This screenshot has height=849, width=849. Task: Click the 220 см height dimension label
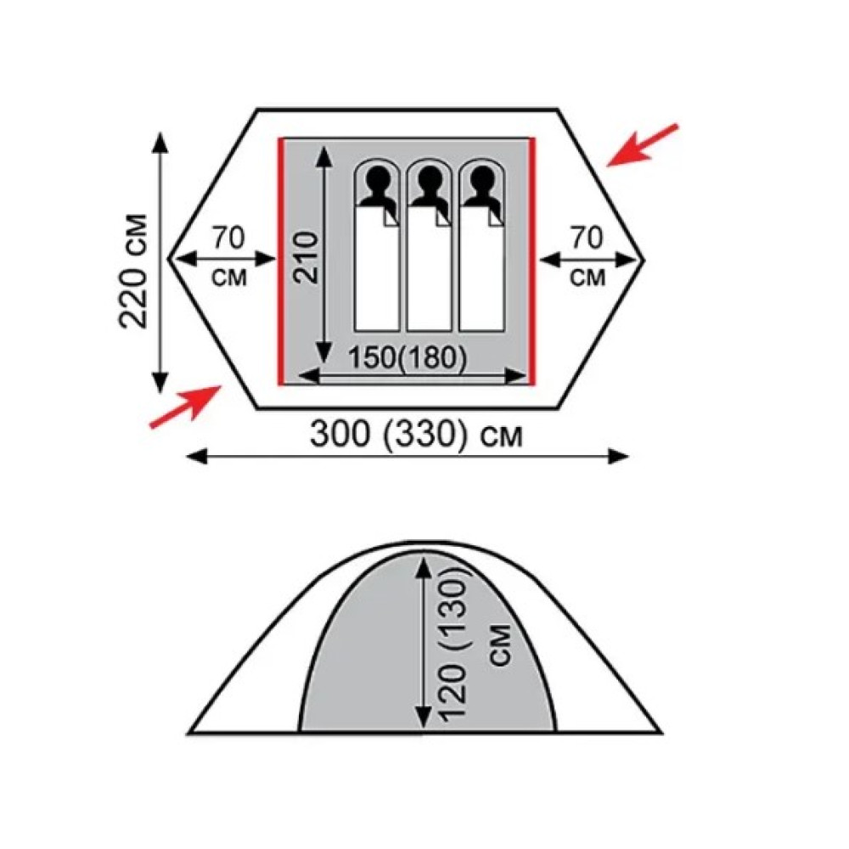pyautogui.click(x=132, y=272)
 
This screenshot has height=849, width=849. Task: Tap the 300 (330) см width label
pyautogui.click(x=417, y=434)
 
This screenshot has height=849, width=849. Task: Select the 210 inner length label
pyautogui.click(x=305, y=257)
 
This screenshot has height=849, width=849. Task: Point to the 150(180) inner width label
pyautogui.click(x=407, y=358)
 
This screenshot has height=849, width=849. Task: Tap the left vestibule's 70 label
pyautogui.click(x=228, y=238)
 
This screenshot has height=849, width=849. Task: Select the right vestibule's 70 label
pyautogui.click(x=587, y=238)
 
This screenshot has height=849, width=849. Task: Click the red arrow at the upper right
pyautogui.click(x=642, y=145)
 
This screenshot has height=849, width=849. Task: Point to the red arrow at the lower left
pyautogui.click(x=184, y=406)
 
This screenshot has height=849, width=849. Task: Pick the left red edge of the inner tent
pyautogui.click(x=281, y=261)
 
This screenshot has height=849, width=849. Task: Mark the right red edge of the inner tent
pyautogui.click(x=532, y=261)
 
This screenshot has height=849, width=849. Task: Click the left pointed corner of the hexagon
pyautogui.click(x=169, y=259)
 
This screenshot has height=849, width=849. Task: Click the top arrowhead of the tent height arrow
pyautogui.click(x=424, y=568)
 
